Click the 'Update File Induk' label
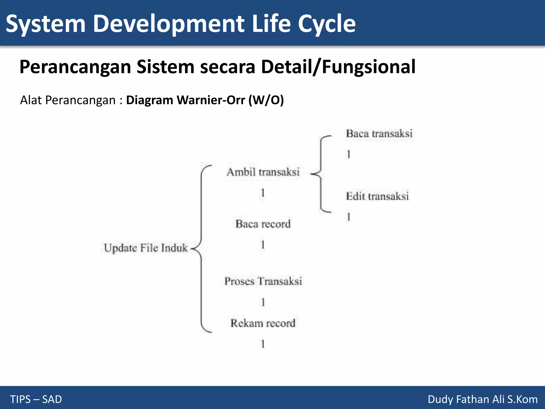(x=146, y=248)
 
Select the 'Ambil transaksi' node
(x=263, y=172)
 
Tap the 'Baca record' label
(x=263, y=224)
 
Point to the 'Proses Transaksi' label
(x=263, y=281)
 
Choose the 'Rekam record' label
(x=263, y=323)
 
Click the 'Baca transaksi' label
(x=379, y=134)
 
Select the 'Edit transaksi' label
(x=377, y=197)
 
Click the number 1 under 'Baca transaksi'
(x=348, y=154)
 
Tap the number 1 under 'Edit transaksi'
(x=348, y=217)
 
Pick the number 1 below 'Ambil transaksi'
(x=263, y=193)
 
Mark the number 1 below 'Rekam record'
(x=263, y=344)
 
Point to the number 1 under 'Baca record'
(x=263, y=245)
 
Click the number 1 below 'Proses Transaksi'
(x=263, y=302)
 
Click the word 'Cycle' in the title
(x=327, y=24)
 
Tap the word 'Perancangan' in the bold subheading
(x=75, y=67)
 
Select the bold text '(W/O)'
(x=266, y=100)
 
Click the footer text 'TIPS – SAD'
(x=36, y=399)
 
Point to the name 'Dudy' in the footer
(x=440, y=399)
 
